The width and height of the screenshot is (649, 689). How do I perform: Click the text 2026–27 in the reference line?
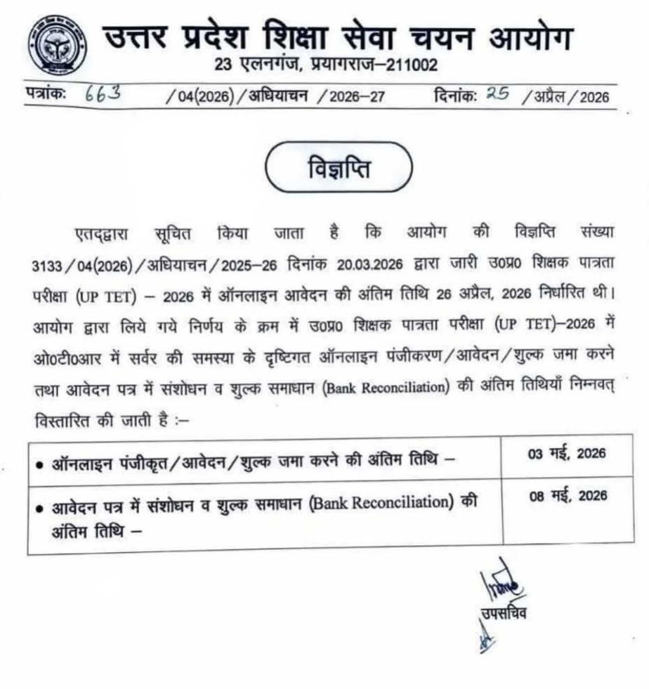pos(361,97)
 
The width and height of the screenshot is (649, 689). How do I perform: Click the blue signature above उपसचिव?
pos(501,583)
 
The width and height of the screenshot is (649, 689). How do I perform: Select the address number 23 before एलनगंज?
pos(223,66)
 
